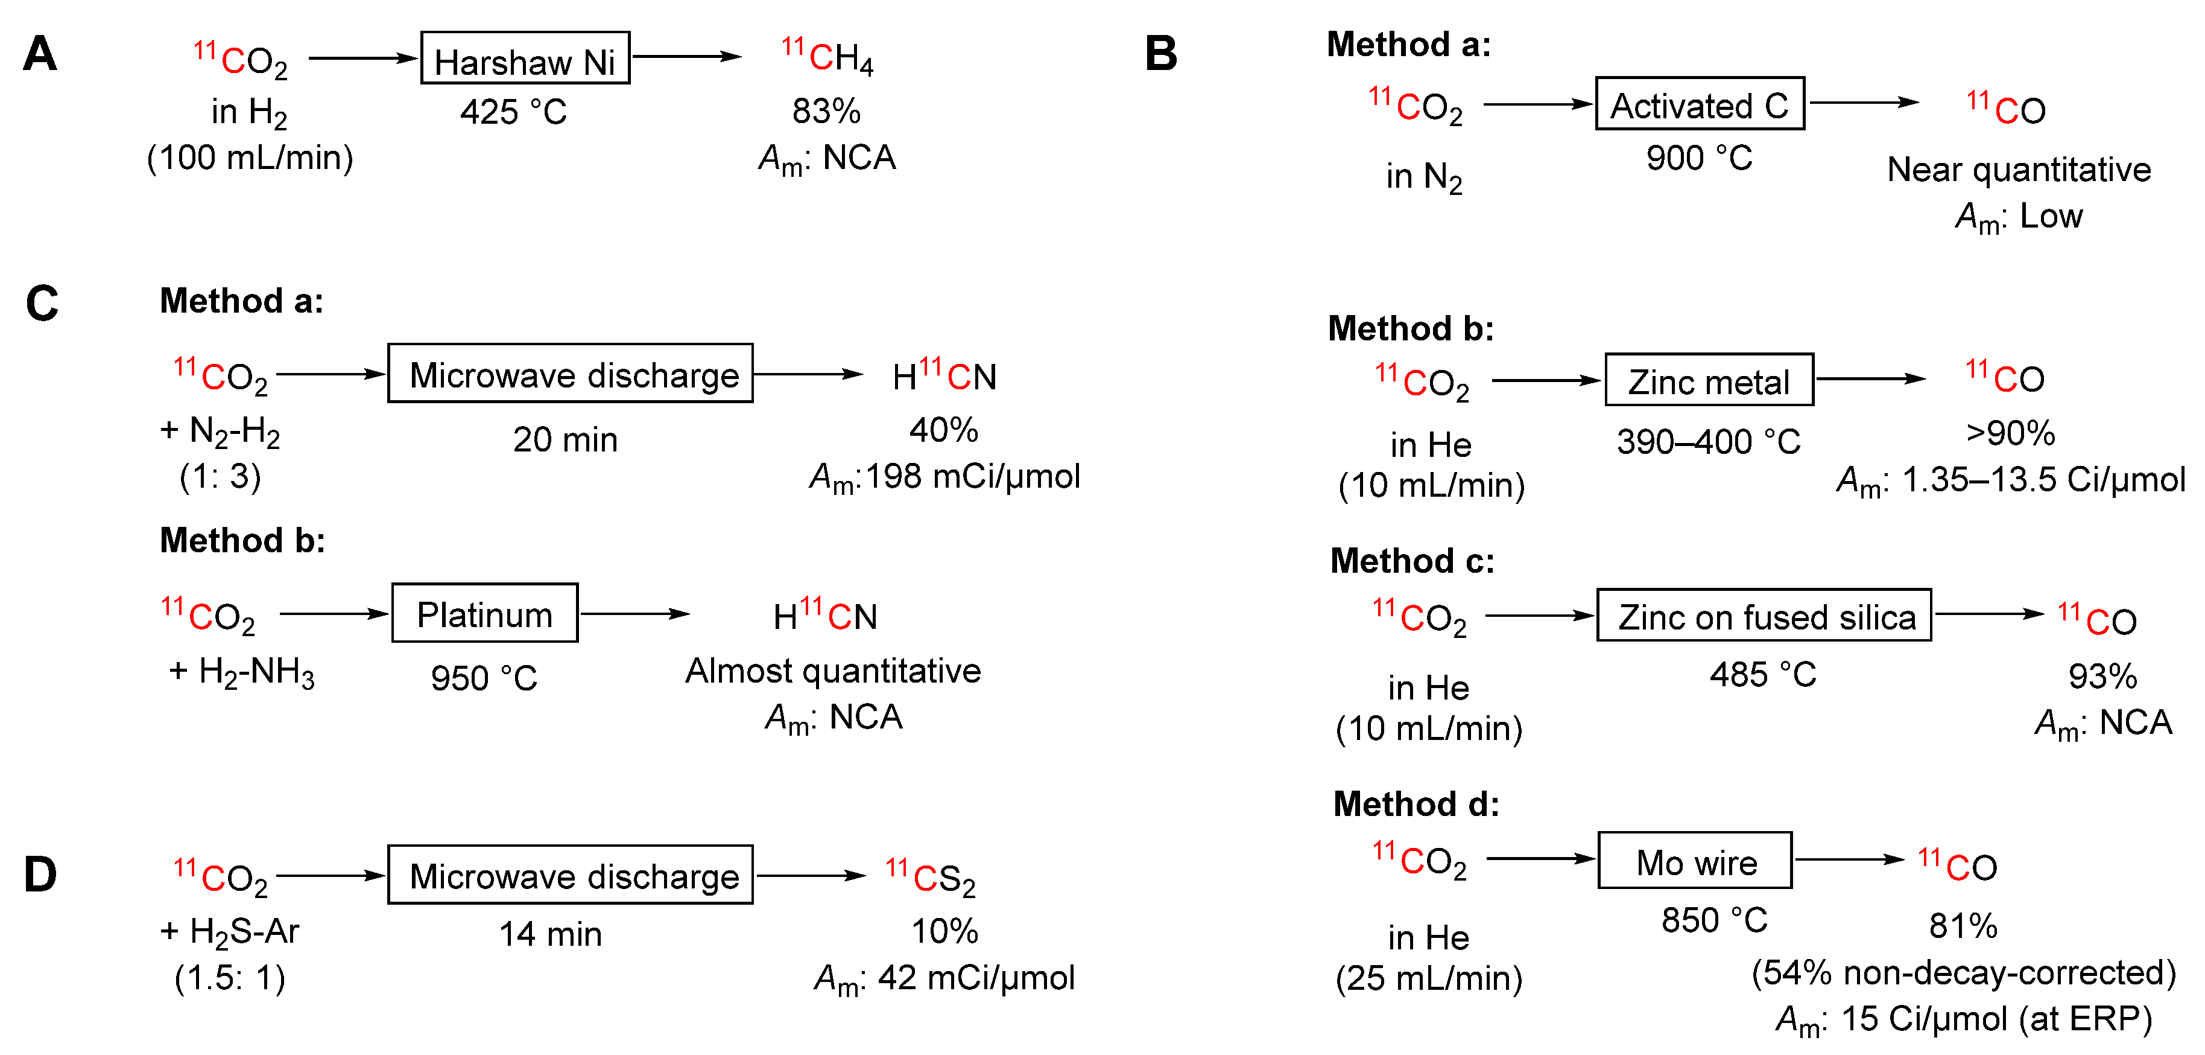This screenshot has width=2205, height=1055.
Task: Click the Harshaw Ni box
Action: pos(525,58)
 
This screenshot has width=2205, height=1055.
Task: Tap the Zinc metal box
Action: pos(1709,380)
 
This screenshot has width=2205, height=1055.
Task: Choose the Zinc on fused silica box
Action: pos(1764,615)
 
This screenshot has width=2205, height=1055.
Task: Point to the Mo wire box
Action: pos(1694,860)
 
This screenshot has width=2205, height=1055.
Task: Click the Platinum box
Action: pos(484,613)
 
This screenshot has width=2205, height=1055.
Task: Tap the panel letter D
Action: pos(40,875)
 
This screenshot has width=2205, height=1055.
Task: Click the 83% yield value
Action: pos(826,110)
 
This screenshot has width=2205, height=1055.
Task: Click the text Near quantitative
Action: pos(2019,170)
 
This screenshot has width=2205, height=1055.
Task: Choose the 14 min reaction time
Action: pos(551,934)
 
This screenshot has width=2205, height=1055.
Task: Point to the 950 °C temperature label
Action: pos(484,678)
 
